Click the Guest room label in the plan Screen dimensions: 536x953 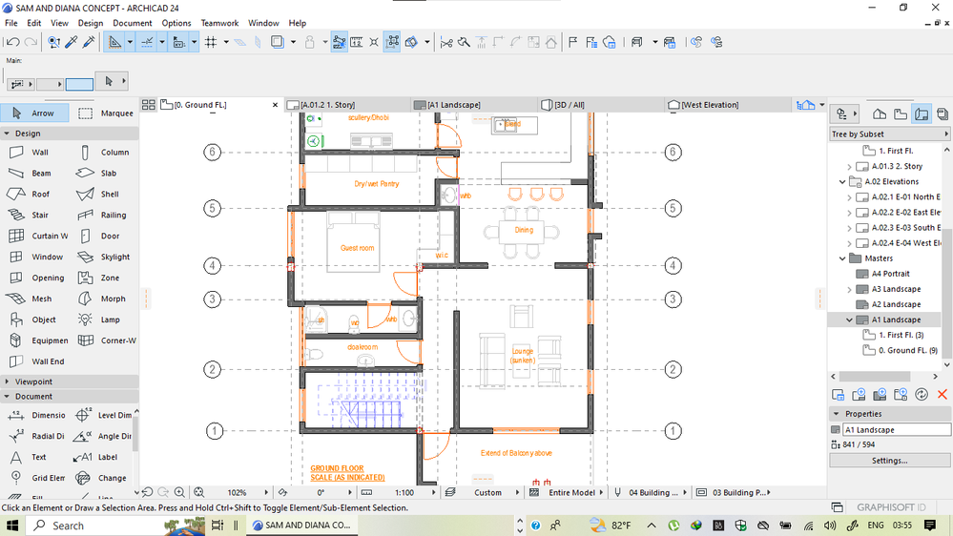click(x=358, y=248)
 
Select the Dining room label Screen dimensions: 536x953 click(x=524, y=230)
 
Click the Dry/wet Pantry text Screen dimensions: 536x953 click(x=376, y=184)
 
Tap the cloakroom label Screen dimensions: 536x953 click(x=362, y=347)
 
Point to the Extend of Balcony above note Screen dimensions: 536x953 click(x=516, y=453)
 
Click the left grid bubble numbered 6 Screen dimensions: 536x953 click(x=213, y=153)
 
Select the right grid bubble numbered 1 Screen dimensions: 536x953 click(x=673, y=431)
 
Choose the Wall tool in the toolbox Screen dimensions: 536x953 click(x=39, y=153)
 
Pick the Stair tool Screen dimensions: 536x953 click(x=39, y=216)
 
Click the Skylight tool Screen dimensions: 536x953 click(x=114, y=258)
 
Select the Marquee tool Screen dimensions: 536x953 click(x=116, y=113)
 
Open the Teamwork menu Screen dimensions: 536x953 click(x=219, y=23)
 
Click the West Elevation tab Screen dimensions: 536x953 click(x=709, y=105)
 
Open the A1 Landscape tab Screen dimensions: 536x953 click(x=453, y=105)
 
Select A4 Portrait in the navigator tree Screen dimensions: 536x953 click(x=890, y=274)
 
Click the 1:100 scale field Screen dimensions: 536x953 click(x=404, y=493)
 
